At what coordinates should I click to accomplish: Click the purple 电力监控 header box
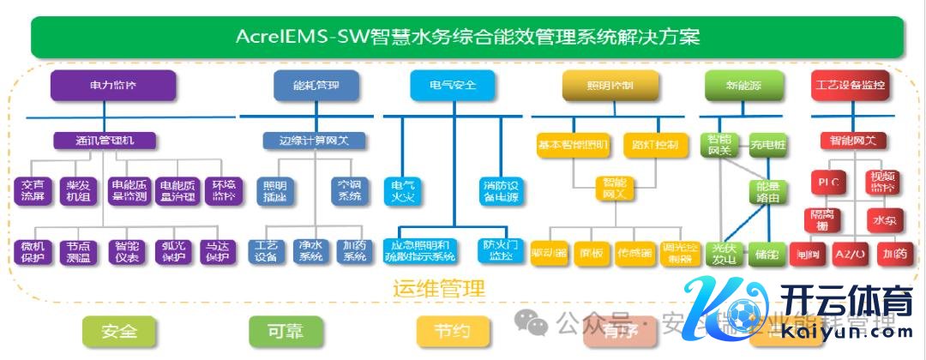(112, 86)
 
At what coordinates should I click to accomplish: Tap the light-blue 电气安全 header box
(454, 86)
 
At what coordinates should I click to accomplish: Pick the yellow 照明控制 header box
(610, 86)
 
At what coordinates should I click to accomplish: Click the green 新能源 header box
(743, 86)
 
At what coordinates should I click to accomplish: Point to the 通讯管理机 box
(105, 139)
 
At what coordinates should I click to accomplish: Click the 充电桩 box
(767, 145)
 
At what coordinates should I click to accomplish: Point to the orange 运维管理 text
(439, 289)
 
